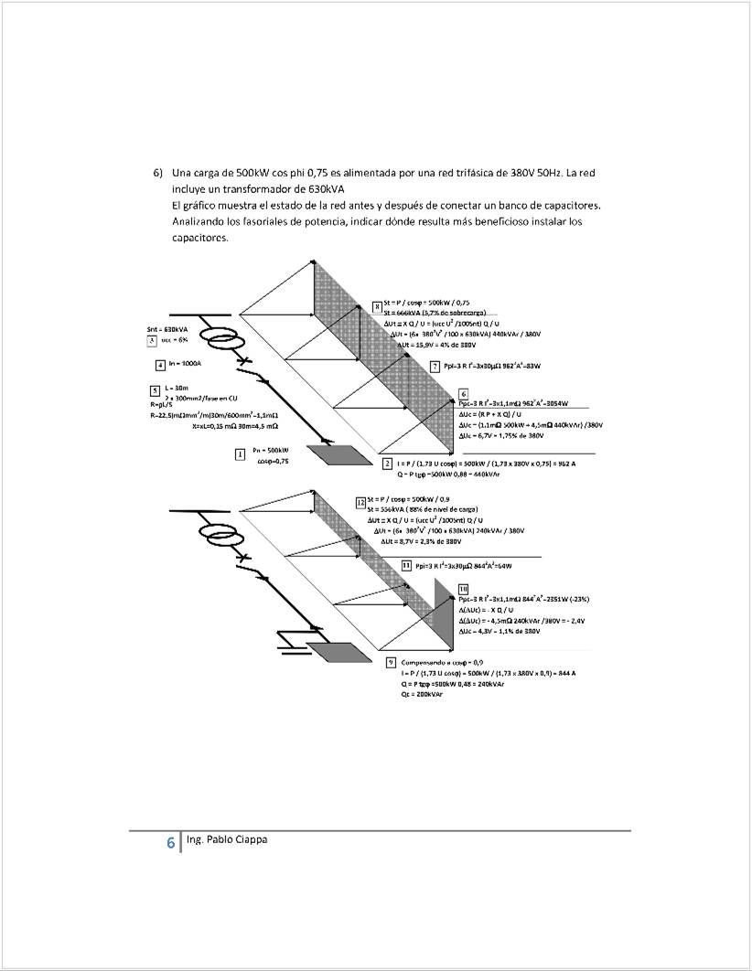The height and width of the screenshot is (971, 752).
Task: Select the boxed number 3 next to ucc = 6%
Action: pyautogui.click(x=151, y=340)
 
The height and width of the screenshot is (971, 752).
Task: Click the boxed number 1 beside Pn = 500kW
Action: pyautogui.click(x=240, y=453)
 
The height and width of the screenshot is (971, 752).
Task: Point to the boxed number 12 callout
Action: pyautogui.click(x=360, y=502)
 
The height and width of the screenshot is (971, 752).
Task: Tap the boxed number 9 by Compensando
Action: pyautogui.click(x=391, y=661)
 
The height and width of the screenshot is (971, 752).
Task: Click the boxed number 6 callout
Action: pyautogui.click(x=464, y=393)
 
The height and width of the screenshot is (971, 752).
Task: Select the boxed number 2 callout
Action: pyautogui.click(x=389, y=464)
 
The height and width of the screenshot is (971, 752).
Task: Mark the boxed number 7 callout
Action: pyautogui.click(x=435, y=366)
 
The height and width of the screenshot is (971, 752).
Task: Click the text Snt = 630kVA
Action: pyautogui.click(x=161, y=329)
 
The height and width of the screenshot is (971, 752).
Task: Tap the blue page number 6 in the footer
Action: pyautogui.click(x=170, y=844)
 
